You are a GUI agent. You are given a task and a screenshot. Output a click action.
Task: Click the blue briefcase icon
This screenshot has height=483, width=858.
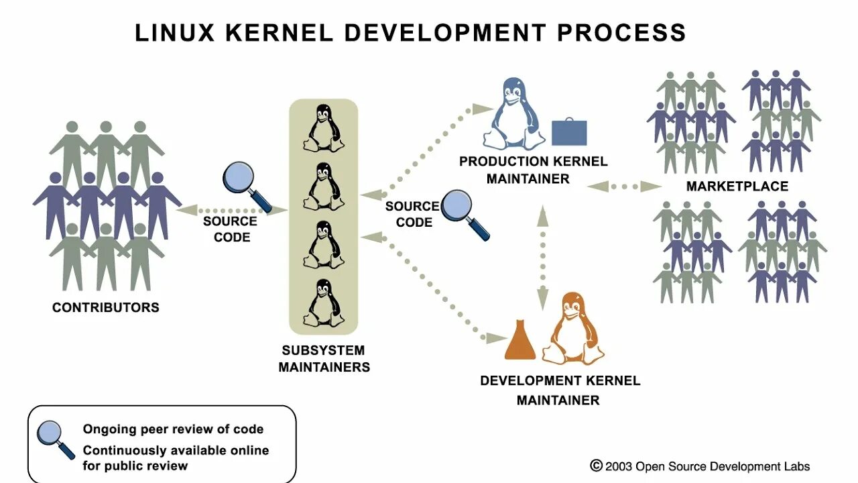point(569,133)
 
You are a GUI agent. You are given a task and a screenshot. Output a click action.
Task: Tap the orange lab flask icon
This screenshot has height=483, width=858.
point(520,340)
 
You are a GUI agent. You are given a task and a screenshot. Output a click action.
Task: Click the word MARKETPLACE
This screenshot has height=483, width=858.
point(737,186)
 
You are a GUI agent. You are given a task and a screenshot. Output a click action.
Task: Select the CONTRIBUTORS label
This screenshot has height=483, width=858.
point(106,308)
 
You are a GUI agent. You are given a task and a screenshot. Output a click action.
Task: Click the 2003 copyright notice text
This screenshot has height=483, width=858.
point(700,466)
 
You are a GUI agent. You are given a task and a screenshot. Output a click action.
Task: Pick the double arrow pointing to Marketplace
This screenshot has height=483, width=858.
point(624,186)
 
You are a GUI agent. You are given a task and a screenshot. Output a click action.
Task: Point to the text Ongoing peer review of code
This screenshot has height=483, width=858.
point(173,429)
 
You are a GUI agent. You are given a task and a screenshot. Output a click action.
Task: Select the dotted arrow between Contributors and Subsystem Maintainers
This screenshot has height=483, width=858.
point(232,210)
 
